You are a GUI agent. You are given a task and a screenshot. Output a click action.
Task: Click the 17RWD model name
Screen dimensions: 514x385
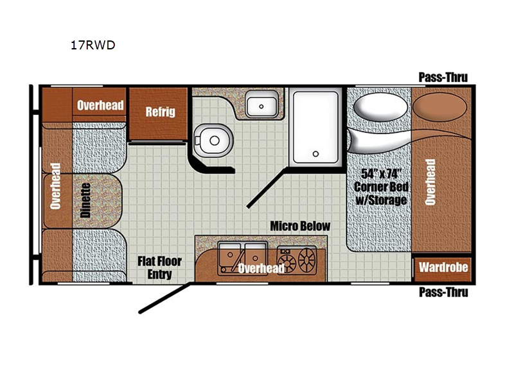(93, 45)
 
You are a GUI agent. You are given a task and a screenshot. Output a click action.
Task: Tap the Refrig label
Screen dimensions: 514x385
(160, 112)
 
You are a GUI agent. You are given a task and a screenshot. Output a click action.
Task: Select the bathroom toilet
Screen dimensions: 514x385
(213, 141)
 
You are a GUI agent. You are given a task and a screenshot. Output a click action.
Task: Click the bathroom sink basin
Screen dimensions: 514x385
(261, 104)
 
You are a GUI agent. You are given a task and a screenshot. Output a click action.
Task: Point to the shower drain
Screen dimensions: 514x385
(315, 154)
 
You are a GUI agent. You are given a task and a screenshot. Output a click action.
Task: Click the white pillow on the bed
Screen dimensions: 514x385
(380, 107)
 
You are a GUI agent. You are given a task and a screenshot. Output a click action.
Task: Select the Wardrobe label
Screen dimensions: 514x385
(443, 268)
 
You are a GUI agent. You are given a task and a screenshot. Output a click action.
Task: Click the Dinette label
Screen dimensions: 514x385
(85, 200)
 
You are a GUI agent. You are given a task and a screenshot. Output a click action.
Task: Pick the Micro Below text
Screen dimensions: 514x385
(300, 226)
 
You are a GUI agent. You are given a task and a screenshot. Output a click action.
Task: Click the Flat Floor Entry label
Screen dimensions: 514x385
(159, 268)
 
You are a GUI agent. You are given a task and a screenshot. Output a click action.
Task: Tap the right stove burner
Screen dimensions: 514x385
(307, 260)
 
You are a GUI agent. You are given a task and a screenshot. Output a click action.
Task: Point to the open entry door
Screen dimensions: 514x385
(164, 298)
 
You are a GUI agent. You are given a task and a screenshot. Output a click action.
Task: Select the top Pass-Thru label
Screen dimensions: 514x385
(443, 77)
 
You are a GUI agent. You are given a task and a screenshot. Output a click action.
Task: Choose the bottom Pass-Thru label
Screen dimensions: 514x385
(443, 292)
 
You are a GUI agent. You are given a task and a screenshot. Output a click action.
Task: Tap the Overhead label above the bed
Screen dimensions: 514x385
(430, 182)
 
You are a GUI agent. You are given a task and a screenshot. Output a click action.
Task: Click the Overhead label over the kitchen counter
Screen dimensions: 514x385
(261, 268)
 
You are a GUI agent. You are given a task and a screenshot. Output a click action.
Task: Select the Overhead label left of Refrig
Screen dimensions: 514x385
(100, 105)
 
